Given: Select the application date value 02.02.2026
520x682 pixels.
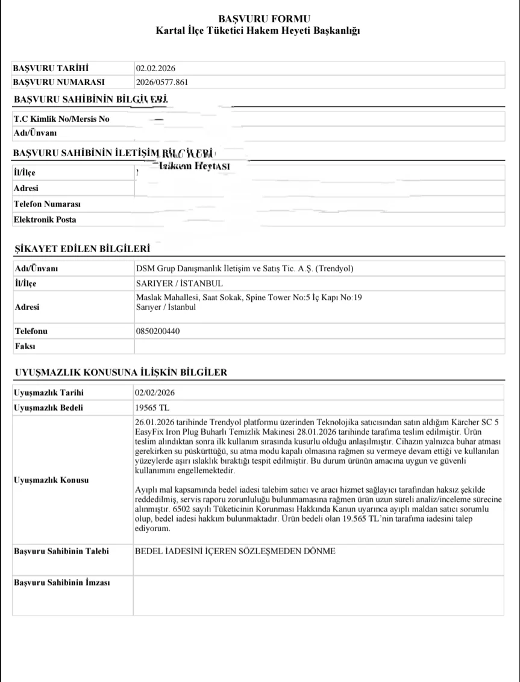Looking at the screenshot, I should pos(155,68).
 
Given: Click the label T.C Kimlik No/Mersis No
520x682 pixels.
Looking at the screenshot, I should pos(61,119).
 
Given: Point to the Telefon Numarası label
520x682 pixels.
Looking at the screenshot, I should pos(47,204).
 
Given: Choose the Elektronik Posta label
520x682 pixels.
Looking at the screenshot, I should pos(45,219).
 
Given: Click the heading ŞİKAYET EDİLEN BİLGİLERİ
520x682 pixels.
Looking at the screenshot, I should pos(81,248).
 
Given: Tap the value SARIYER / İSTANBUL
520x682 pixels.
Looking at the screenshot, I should pos(180,283).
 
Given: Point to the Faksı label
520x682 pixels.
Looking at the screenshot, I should pos(24,346).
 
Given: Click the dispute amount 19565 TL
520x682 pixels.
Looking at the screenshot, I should pos(153,408).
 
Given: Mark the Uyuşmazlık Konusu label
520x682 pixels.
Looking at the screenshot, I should pos(51,480).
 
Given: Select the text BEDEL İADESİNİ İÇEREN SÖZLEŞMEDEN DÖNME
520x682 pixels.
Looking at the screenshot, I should pos(236,551).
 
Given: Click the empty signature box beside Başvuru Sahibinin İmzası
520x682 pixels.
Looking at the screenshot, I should pos(318,595).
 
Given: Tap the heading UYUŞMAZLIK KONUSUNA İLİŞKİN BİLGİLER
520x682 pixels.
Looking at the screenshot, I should pos(120,372).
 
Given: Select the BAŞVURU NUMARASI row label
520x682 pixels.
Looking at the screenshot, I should pos(58,82).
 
